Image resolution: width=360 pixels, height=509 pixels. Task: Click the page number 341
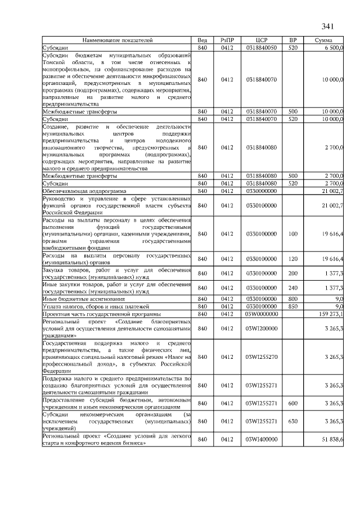pos(328,26)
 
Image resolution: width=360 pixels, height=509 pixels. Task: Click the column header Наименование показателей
pos(118,40)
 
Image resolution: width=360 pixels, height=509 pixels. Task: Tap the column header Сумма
pos(323,40)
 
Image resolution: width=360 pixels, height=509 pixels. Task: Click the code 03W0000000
pos(261,314)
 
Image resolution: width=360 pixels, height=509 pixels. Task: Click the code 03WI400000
pos(261,439)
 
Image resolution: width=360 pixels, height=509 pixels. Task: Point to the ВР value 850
pos(292,306)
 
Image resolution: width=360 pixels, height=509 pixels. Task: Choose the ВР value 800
pos(292,299)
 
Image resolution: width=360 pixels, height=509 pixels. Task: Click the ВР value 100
pos(292,233)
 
